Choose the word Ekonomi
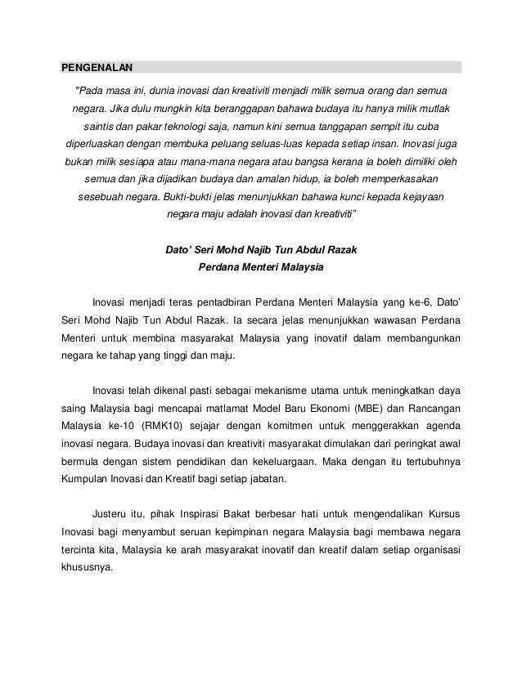point(316,408)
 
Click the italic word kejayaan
point(424,197)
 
